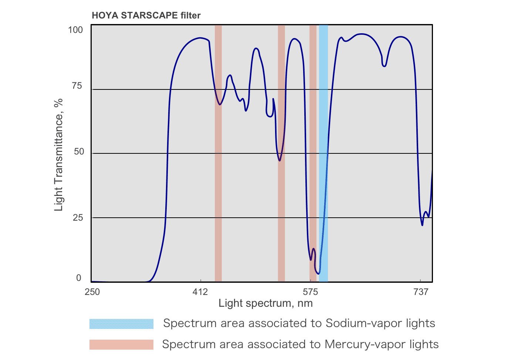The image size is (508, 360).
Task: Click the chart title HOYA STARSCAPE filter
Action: pos(146,16)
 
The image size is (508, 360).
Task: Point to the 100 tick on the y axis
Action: pos(75,30)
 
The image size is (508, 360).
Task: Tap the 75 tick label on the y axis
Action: pos(77,86)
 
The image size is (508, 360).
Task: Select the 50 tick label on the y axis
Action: pos(79,152)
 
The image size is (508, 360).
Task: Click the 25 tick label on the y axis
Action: pos(78,217)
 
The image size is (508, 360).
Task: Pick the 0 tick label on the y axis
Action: pos(79,278)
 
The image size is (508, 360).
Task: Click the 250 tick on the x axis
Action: pos(92,292)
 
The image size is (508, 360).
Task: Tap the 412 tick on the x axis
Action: pos(200,292)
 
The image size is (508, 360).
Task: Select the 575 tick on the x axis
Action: pos(310,292)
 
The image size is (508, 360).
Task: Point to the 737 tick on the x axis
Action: pos(421,292)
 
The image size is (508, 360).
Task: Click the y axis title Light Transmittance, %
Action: pos(58,154)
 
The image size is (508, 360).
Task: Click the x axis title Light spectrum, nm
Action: pos(265,303)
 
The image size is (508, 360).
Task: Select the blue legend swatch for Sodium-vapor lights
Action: pos(121,324)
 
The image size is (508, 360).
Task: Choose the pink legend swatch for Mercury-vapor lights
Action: pos(121,344)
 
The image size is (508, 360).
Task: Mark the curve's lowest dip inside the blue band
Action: pos(319,274)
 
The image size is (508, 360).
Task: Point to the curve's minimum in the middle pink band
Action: pos(280,160)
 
